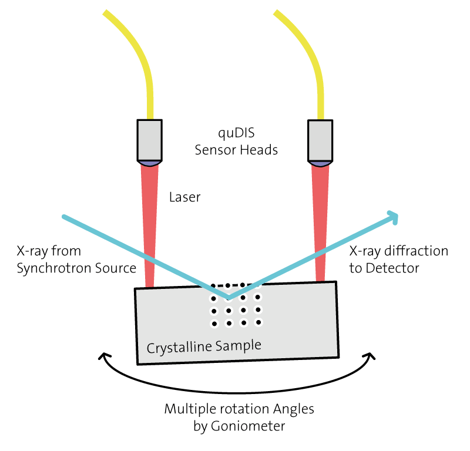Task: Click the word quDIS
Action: pos(236,133)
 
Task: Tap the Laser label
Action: pos(184,197)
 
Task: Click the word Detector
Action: pos(392,268)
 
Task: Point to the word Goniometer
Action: pos(248,426)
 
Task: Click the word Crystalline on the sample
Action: pos(179,348)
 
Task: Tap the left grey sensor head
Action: pos(150,140)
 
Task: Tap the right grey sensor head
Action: pos(320,140)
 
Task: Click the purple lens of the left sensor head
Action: pos(150,164)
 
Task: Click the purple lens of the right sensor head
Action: pos(320,164)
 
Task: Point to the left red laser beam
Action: pos(150,225)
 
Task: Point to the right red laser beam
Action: pos(320,223)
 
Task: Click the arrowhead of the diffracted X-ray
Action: pos(393,217)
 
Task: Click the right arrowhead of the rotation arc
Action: pos(370,356)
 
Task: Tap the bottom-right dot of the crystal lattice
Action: pos(258,322)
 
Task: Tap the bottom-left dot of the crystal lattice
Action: pos(214,324)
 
